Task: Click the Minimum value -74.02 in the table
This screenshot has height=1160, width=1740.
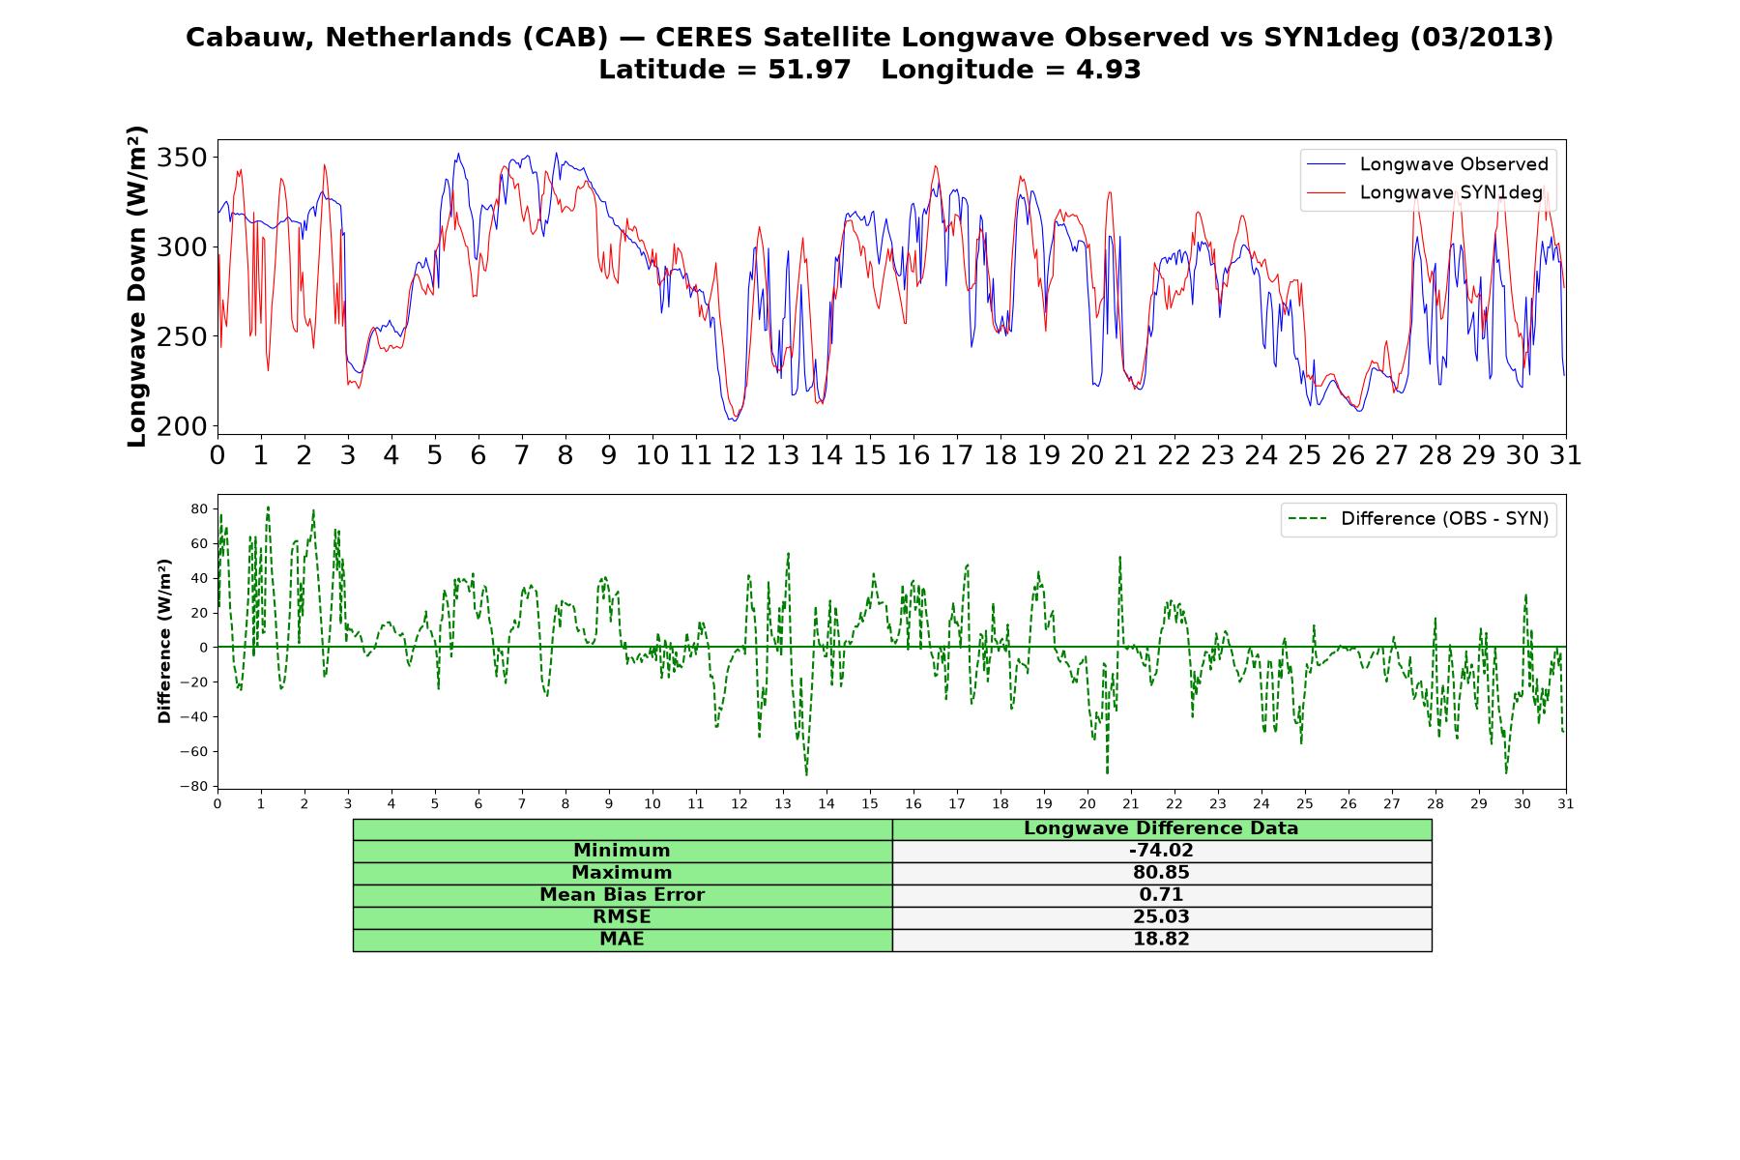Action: tap(1161, 851)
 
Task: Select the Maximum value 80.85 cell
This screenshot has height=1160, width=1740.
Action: tap(1161, 873)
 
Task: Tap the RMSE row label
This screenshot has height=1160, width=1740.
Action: tap(622, 917)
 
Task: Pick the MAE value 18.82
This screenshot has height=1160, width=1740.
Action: tap(1161, 940)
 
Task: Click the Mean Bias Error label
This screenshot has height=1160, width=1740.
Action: tap(622, 895)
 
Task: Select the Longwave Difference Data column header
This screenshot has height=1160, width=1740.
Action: tap(1161, 828)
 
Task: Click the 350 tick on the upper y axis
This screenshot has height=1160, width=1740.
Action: tap(183, 158)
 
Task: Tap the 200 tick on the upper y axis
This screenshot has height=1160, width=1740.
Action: tap(183, 426)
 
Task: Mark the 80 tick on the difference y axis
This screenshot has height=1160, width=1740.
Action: tap(200, 508)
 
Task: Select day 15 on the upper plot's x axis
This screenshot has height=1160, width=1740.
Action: tap(870, 455)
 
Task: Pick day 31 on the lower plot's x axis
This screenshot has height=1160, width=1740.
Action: tap(1566, 803)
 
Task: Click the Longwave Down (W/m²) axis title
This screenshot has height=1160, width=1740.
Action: tap(137, 286)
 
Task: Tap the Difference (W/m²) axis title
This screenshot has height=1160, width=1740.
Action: tap(164, 641)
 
